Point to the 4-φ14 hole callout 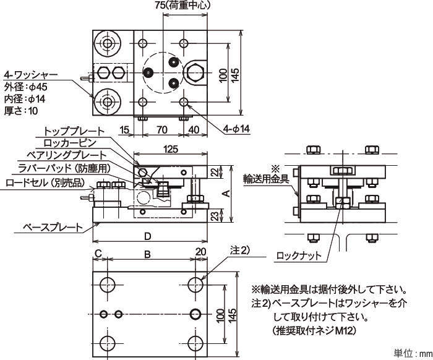click(x=236, y=129)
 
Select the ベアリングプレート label click(x=66, y=155)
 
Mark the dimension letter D click(x=147, y=236)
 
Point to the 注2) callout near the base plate click(x=239, y=251)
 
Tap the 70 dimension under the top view click(x=162, y=129)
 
